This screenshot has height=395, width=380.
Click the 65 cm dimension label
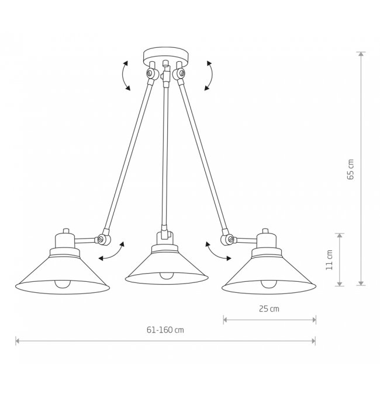[350, 169]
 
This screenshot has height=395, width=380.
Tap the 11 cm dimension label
[329, 260]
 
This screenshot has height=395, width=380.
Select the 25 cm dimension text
[269, 309]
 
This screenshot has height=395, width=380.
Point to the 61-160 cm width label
[165, 330]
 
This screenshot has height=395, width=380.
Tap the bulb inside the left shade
[63, 284]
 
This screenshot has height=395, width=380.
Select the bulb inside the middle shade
[167, 275]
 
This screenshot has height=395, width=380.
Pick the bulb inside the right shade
[269, 284]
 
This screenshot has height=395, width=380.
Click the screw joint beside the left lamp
[102, 239]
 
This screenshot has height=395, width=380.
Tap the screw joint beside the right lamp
[230, 239]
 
